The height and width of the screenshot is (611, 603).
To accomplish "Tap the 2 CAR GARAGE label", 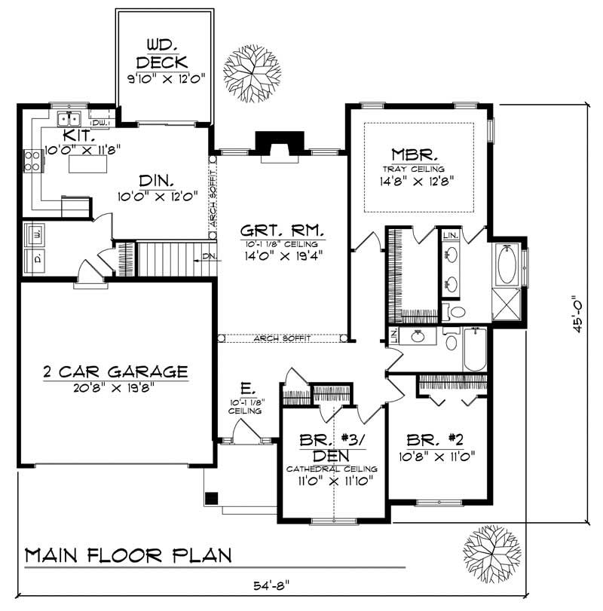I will (115, 371).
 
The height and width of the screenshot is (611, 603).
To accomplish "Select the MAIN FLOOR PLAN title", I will (128, 556).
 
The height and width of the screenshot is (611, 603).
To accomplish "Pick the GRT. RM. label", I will (282, 230).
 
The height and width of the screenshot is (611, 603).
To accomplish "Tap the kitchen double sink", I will (70, 119).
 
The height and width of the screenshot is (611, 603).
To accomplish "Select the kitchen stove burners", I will (33, 159).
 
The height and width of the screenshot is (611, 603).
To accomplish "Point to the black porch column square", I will (213, 497).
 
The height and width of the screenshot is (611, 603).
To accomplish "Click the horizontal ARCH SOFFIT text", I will (282, 338).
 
